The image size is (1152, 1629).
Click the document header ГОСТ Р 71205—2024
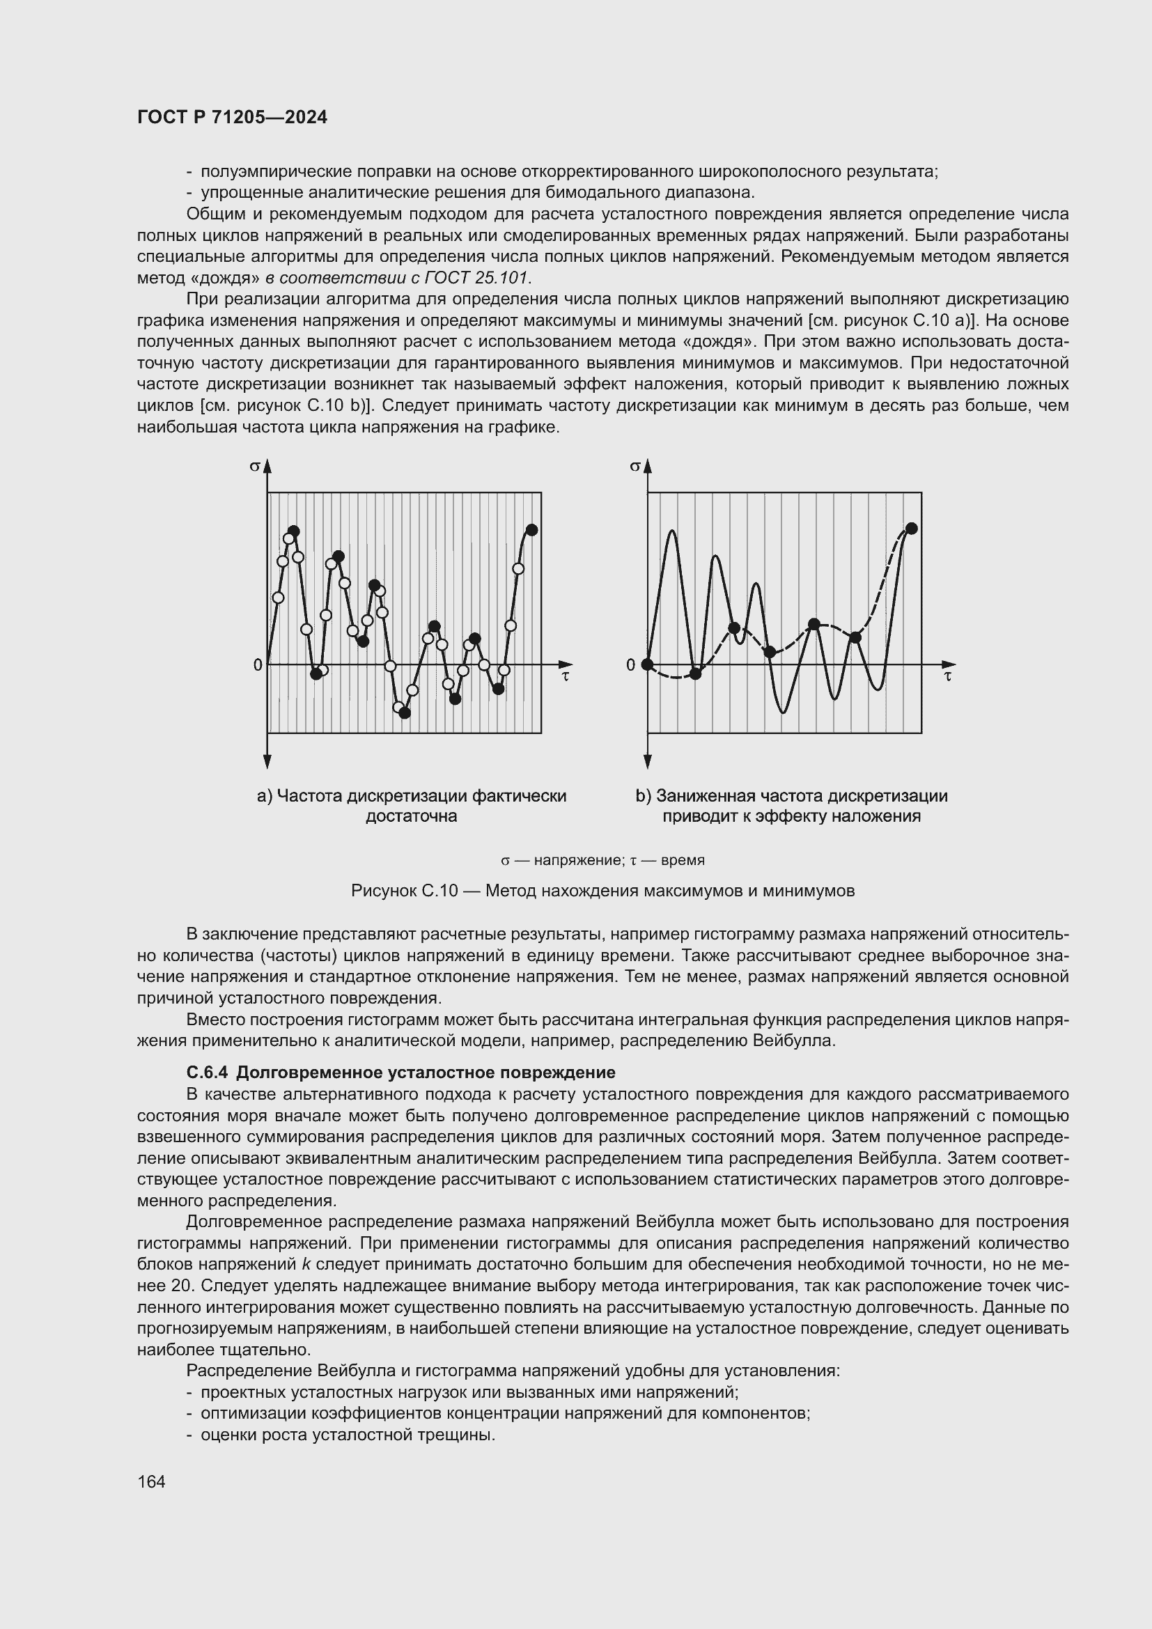[x=232, y=118]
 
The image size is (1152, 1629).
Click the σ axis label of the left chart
[x=254, y=466]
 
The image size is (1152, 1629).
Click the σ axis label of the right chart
[x=635, y=466]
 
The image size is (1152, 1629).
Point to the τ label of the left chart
[x=566, y=676]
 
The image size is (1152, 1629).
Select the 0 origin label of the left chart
[x=258, y=665]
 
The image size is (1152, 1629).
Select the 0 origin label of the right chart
[x=630, y=665]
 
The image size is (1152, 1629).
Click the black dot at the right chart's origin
[x=647, y=664]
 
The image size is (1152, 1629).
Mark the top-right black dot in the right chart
[x=912, y=528]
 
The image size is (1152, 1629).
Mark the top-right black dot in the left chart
[x=532, y=529]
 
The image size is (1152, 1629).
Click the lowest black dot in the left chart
[x=405, y=713]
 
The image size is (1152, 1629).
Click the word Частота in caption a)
[x=307, y=795]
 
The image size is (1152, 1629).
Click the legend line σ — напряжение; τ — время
[x=602, y=861]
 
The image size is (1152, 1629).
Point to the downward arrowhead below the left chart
[x=267, y=763]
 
